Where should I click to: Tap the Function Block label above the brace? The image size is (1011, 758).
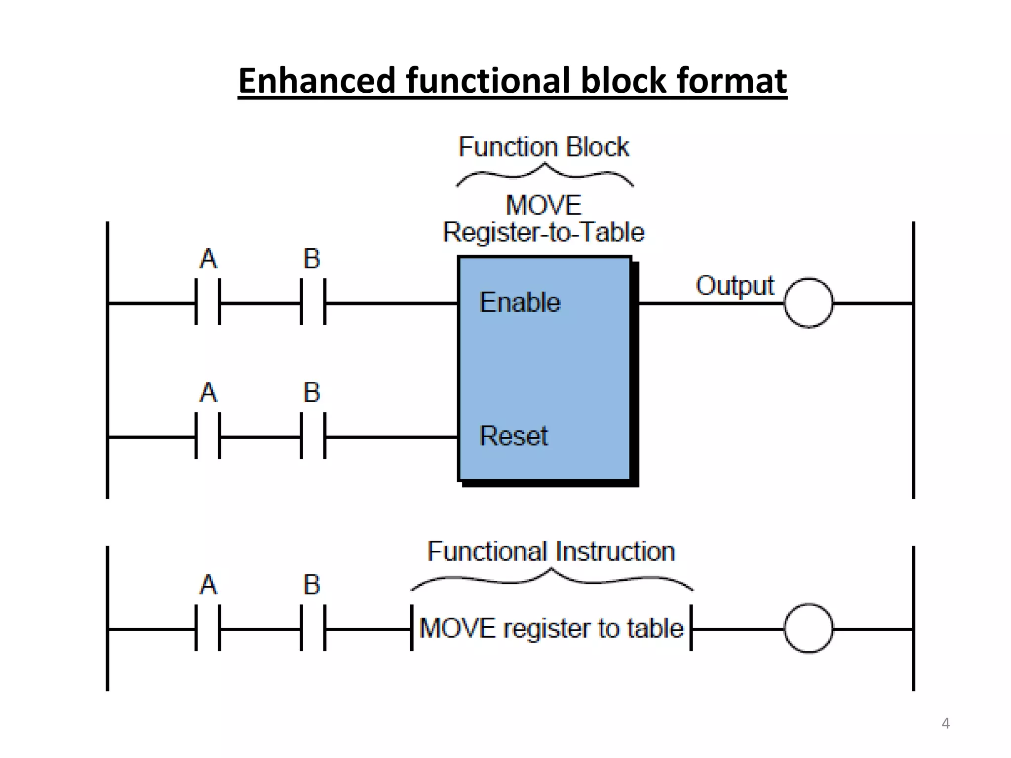[544, 147]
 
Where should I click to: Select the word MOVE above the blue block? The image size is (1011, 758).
[544, 205]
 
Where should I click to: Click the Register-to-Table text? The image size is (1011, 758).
[544, 232]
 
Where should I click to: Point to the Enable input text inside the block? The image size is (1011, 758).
[520, 302]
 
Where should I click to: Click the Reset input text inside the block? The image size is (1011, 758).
[513, 436]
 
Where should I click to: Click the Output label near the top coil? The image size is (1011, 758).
[735, 286]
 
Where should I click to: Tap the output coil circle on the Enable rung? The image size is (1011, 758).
[808, 303]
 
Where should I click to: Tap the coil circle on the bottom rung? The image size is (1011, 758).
[808, 628]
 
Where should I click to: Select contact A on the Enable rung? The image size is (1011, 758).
[208, 302]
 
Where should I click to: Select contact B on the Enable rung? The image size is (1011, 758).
[313, 302]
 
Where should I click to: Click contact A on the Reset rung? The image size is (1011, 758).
[208, 436]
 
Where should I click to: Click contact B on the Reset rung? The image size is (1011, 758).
[313, 436]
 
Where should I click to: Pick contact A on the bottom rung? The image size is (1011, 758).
[208, 628]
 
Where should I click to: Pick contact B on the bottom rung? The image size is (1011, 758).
[313, 628]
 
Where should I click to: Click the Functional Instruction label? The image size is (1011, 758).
[551, 551]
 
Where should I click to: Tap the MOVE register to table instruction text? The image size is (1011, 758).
[551, 628]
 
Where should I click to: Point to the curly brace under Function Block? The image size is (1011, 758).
[544, 175]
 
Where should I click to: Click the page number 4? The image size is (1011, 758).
[945, 723]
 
